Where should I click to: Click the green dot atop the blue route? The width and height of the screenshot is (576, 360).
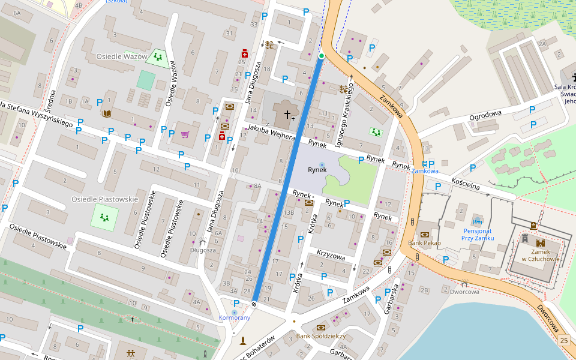(322, 56)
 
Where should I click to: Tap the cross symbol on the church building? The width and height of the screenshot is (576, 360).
(287, 114)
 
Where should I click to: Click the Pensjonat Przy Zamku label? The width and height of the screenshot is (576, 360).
(478, 234)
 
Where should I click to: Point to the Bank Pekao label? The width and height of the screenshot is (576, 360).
(424, 243)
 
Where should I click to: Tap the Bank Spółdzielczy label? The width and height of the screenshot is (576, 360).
(321, 336)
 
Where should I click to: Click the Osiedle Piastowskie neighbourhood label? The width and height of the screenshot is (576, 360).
(104, 199)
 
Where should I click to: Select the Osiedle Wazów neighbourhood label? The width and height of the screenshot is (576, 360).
(122, 56)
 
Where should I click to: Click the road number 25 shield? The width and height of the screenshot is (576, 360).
(563, 340)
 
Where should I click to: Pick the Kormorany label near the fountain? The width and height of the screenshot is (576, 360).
(234, 317)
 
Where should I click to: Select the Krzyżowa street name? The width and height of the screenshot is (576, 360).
(331, 257)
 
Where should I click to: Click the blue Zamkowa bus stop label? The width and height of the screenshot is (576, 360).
(425, 171)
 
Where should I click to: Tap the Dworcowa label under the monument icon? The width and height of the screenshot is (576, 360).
(464, 292)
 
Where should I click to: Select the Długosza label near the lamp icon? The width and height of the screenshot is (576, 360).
(203, 250)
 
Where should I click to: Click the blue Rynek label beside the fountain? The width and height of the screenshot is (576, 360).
(316, 170)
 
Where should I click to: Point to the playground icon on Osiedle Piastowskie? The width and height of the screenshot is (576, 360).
(104, 216)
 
